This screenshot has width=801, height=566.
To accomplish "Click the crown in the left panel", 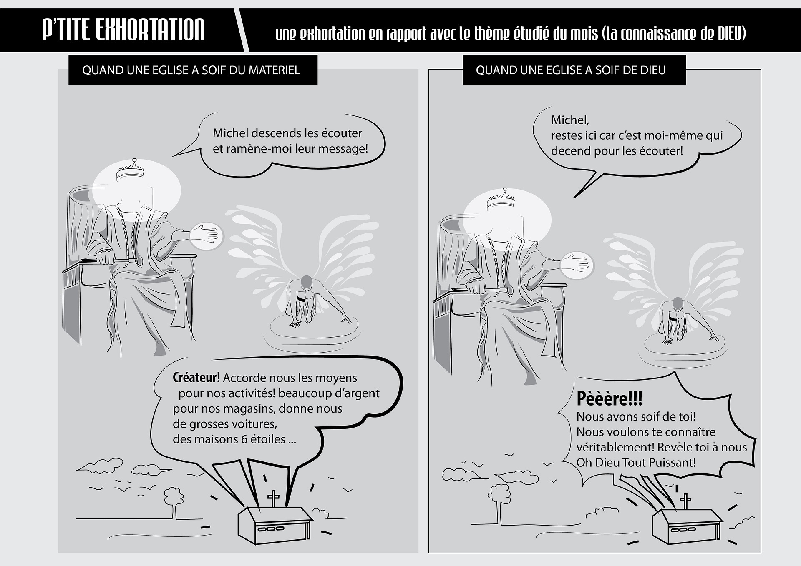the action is pyautogui.click(x=130, y=170).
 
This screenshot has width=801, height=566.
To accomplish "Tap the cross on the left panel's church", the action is pyautogui.click(x=274, y=498).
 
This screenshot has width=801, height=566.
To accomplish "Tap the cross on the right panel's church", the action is pyautogui.click(x=685, y=501).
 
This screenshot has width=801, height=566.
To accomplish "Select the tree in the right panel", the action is pyautogui.click(x=501, y=502).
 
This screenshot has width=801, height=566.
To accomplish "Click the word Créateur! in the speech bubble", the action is pyautogui.click(x=196, y=378).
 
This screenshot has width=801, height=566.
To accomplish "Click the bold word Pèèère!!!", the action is pyautogui.click(x=609, y=399).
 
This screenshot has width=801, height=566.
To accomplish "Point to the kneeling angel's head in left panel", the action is pyautogui.click(x=307, y=282).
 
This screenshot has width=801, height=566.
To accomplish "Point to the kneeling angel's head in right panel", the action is pyautogui.click(x=678, y=305).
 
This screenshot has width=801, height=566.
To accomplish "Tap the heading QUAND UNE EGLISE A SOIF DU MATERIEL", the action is pyautogui.click(x=191, y=70).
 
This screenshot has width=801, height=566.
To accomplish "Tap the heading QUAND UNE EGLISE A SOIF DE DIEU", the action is pyautogui.click(x=571, y=70).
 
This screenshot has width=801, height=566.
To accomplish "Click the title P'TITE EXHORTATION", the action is pyautogui.click(x=123, y=30).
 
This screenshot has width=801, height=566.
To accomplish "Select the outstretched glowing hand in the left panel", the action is pyautogui.click(x=206, y=235).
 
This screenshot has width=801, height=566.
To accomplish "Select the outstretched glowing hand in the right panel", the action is pyautogui.click(x=577, y=265).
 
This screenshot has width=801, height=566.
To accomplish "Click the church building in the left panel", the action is pyautogui.click(x=275, y=525).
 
